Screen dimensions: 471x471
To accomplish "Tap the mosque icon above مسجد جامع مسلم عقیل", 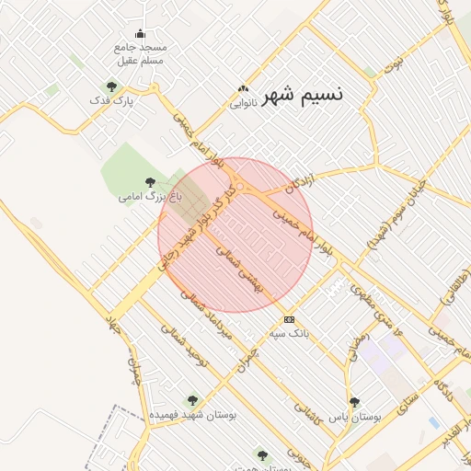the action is [139, 34].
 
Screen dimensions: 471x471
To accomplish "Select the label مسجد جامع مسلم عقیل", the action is [140, 53].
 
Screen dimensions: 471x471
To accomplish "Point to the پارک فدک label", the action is [112, 100].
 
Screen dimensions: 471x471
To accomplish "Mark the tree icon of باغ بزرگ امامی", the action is [150, 182].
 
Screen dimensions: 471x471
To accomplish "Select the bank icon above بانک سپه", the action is [290, 319].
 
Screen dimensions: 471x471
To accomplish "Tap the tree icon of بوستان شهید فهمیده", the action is [191, 400].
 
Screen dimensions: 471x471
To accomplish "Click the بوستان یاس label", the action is [355, 417].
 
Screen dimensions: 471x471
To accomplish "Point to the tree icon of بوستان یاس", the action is [355, 402].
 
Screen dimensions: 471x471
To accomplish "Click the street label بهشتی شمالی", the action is [238, 269].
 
